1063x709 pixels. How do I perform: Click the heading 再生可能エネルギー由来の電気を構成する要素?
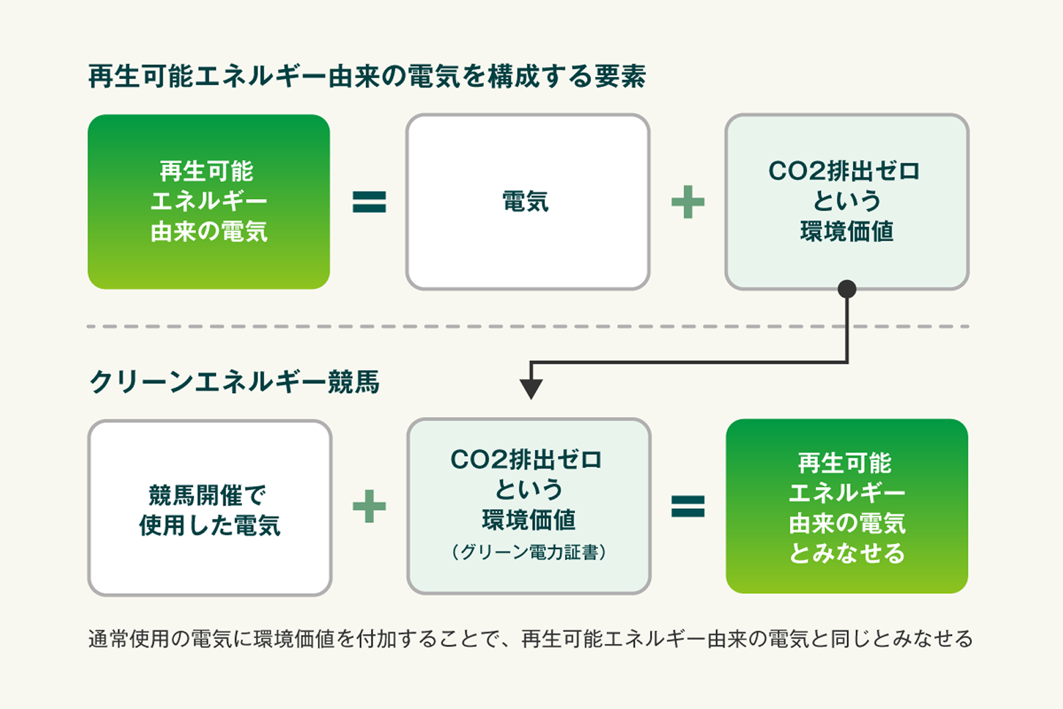pos(367,76)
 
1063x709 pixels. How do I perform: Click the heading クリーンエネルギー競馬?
pos(234,382)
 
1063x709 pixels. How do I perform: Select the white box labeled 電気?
pos(527,202)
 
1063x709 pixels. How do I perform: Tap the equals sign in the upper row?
pos(370,202)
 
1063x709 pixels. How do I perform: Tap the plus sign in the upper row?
pos(687,202)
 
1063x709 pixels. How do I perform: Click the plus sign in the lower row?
pos(370,506)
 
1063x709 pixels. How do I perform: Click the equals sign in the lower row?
pos(687,506)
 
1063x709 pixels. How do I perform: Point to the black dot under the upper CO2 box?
pos(847,289)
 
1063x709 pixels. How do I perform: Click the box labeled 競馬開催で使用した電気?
pos(210,507)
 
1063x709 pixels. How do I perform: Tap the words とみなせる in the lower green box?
pos(847,553)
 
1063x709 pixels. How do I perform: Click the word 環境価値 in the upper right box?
pos(847,232)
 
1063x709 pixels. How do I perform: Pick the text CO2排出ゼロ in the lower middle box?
pos(525,459)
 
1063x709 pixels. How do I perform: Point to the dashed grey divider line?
pos(527,327)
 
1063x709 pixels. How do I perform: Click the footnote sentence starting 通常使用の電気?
pos(531,639)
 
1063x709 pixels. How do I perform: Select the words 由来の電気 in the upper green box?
pos(210,232)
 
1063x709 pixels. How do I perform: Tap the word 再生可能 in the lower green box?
pos(845,463)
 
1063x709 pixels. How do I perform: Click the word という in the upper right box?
pos(847,201)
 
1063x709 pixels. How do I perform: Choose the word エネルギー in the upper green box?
pos(210,202)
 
